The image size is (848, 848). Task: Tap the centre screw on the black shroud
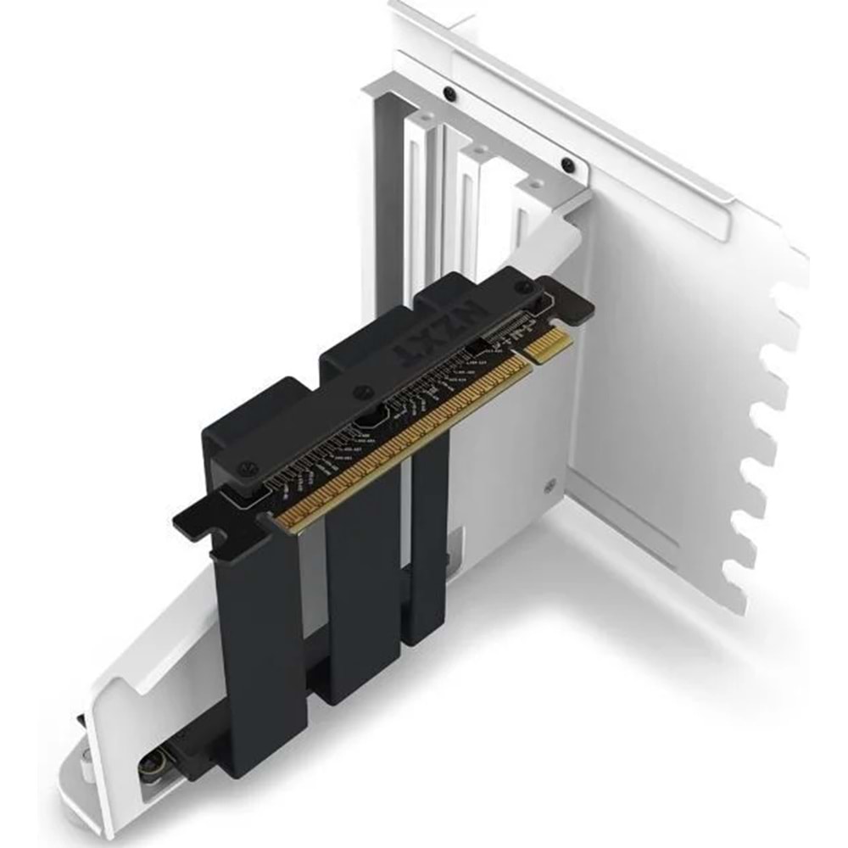[363, 393]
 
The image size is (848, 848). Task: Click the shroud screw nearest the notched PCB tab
[248, 466]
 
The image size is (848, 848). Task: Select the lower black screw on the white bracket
[567, 165]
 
